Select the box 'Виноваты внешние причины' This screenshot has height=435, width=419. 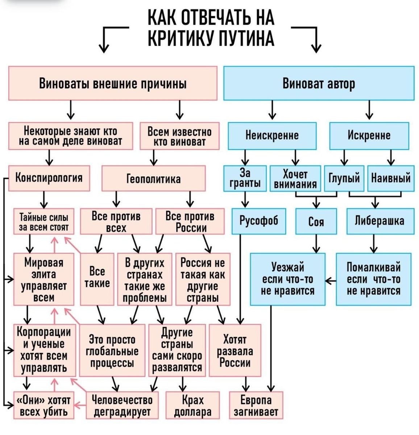point(113,83)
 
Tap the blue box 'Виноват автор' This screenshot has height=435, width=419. point(319,83)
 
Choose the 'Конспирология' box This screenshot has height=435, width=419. point(49,178)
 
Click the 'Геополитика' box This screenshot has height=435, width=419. point(153,178)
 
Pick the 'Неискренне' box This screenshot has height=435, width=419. point(272,136)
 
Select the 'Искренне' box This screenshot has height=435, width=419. point(369,136)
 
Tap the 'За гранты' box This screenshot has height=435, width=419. point(245,178)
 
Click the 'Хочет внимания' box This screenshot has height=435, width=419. point(295,179)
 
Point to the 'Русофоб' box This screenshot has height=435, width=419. point(258,220)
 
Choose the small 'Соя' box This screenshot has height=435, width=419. point(316,221)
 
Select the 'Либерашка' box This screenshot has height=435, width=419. point(380,220)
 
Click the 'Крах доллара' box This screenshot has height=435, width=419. point(192,406)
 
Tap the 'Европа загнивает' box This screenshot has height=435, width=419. point(256,406)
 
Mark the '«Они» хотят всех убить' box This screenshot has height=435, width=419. point(43,406)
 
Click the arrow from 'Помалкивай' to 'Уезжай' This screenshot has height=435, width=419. point(330,281)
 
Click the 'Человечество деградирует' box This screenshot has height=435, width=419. point(122,406)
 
